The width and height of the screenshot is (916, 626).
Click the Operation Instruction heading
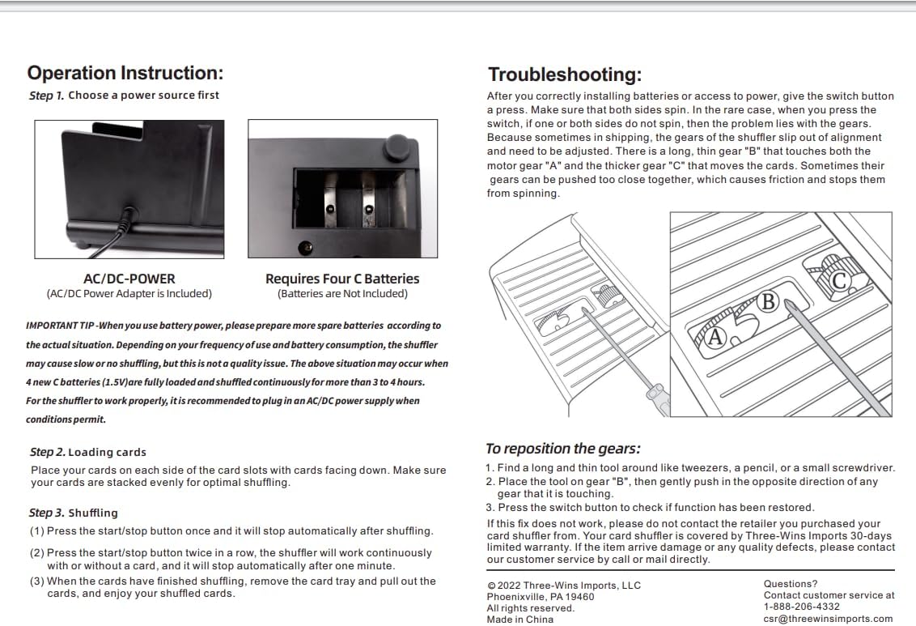click(x=125, y=73)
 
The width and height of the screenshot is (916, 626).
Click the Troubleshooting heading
click(x=564, y=75)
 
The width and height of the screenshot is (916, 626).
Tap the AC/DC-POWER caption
click(x=129, y=279)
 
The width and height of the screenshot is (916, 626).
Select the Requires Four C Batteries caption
click(x=342, y=279)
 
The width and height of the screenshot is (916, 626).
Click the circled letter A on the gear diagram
click(x=715, y=338)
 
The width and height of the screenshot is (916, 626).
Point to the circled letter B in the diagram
click(x=768, y=302)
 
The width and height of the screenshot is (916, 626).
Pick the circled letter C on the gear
click(x=839, y=280)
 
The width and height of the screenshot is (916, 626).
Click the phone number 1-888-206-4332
click(x=801, y=607)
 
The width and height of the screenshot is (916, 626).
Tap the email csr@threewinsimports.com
click(x=828, y=619)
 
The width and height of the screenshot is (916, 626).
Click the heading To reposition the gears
click(x=562, y=449)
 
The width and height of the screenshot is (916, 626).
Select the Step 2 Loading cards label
click(x=88, y=452)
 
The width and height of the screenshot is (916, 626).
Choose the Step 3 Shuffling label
click(x=74, y=513)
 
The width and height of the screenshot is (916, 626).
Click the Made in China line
click(x=519, y=620)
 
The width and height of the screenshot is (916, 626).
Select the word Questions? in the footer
click(x=791, y=584)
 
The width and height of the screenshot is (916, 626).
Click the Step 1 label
click(x=46, y=96)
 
